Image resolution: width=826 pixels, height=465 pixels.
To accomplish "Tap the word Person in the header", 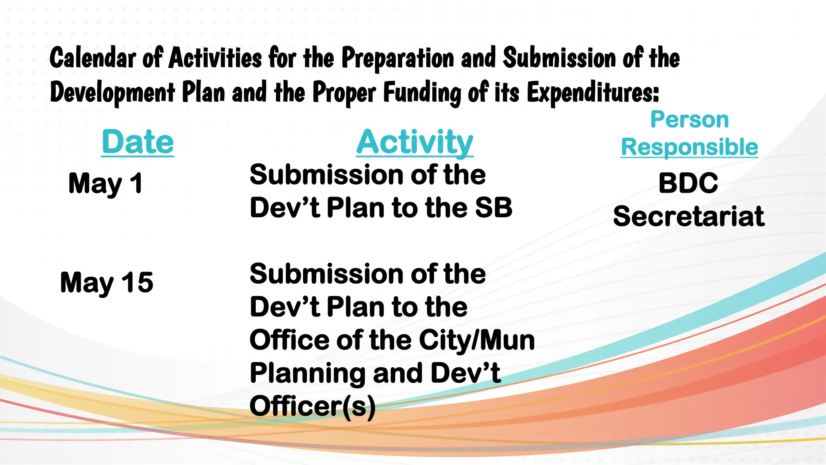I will pos(689,119).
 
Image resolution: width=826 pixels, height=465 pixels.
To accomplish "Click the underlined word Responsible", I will pos(689,147).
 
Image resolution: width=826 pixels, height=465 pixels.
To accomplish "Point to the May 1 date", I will pos(106,183).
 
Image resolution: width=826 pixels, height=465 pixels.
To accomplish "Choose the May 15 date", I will pos(106,282).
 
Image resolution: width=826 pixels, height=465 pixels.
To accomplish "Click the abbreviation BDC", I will pos(688,183).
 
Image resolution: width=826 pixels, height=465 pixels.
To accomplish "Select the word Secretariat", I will pos(688,216).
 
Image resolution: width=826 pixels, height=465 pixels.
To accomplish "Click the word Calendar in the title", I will pos(92,58).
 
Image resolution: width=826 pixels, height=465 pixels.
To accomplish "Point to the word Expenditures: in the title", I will pos(592,92).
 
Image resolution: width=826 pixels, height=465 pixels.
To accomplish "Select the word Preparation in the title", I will pos(398,58).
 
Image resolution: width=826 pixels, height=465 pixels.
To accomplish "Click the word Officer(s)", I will pos(313,406).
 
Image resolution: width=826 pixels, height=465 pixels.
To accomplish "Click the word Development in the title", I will pos(112,92).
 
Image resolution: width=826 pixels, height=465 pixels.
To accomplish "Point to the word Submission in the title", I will pos(559,58).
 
